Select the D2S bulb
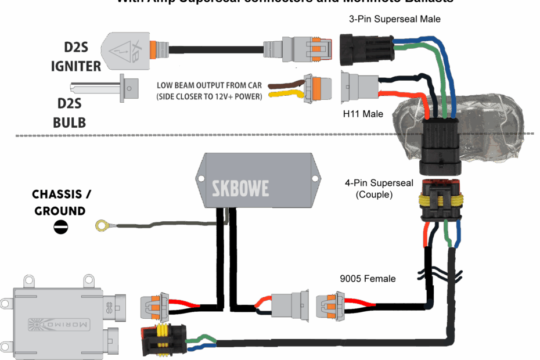(105, 88)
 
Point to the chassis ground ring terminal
(103, 225)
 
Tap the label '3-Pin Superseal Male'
(394, 19)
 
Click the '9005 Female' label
(368, 279)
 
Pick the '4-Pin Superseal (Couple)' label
(379, 189)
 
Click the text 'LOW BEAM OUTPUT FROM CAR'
(209, 85)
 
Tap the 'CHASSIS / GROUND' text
(60, 202)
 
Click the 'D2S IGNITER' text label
(76, 56)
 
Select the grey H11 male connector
(359, 87)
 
